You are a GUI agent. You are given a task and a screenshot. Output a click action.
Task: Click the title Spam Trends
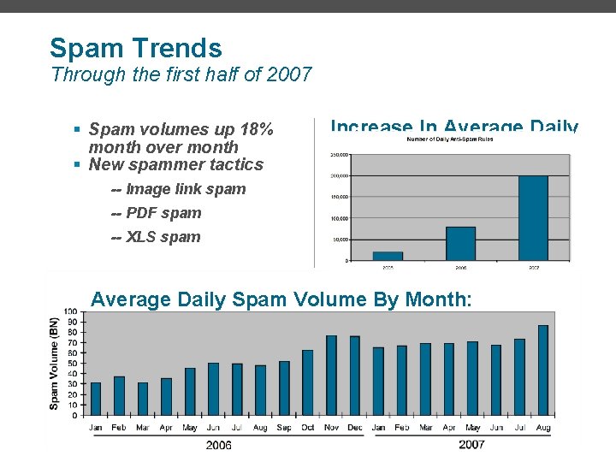[135, 48]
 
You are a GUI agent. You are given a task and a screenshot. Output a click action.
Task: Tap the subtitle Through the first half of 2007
[181, 74]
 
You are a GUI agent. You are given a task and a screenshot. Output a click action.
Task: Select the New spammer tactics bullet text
[176, 164]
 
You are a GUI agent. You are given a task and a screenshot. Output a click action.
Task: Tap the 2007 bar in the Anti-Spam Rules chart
[533, 217]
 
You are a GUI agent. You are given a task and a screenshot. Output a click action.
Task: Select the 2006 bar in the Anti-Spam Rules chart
[460, 243]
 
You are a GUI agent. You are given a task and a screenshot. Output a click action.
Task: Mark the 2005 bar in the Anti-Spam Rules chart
[388, 255]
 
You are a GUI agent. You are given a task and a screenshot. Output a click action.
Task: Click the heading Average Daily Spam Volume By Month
[281, 299]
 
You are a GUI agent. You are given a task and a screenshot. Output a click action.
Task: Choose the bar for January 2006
[95, 399]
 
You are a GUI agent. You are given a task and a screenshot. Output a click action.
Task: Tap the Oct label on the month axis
[307, 427]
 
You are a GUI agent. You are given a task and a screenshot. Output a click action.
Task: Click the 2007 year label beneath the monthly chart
[471, 444]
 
